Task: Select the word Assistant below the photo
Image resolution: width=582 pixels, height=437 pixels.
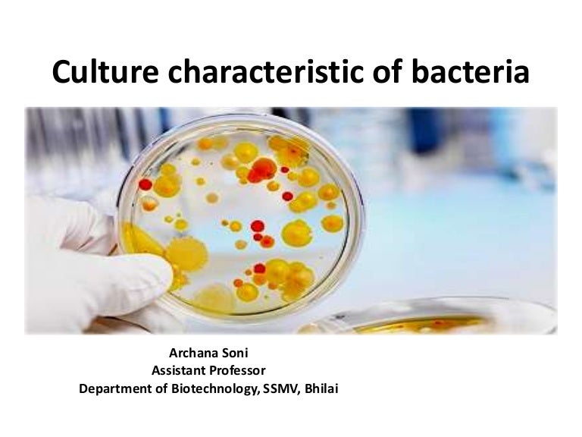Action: pyautogui.click(x=181, y=371)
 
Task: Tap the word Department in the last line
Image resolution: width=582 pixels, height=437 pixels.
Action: pyautogui.click(x=113, y=389)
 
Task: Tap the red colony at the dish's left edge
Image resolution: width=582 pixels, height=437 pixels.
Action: pyautogui.click(x=145, y=184)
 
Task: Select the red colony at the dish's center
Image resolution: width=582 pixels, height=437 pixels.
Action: pyautogui.click(x=258, y=226)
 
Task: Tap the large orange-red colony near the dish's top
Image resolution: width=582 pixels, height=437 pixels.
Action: pyautogui.click(x=262, y=169)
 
